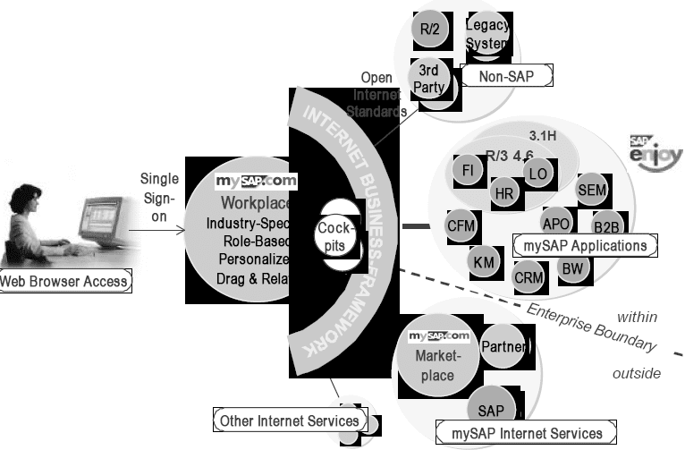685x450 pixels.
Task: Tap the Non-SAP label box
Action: pos(506,77)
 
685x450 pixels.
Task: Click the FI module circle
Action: pos(468,168)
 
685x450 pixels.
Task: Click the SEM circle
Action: pos(592,189)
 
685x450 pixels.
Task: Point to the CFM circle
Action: pos(461,225)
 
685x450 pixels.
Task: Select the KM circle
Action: pos(484,261)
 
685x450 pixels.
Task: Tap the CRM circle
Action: pos(529,277)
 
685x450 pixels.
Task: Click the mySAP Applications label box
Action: pos(585,244)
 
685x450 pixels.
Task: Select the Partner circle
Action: pos(503,346)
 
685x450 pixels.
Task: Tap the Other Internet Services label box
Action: pos(290,420)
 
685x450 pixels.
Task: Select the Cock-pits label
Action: pos(337,236)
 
